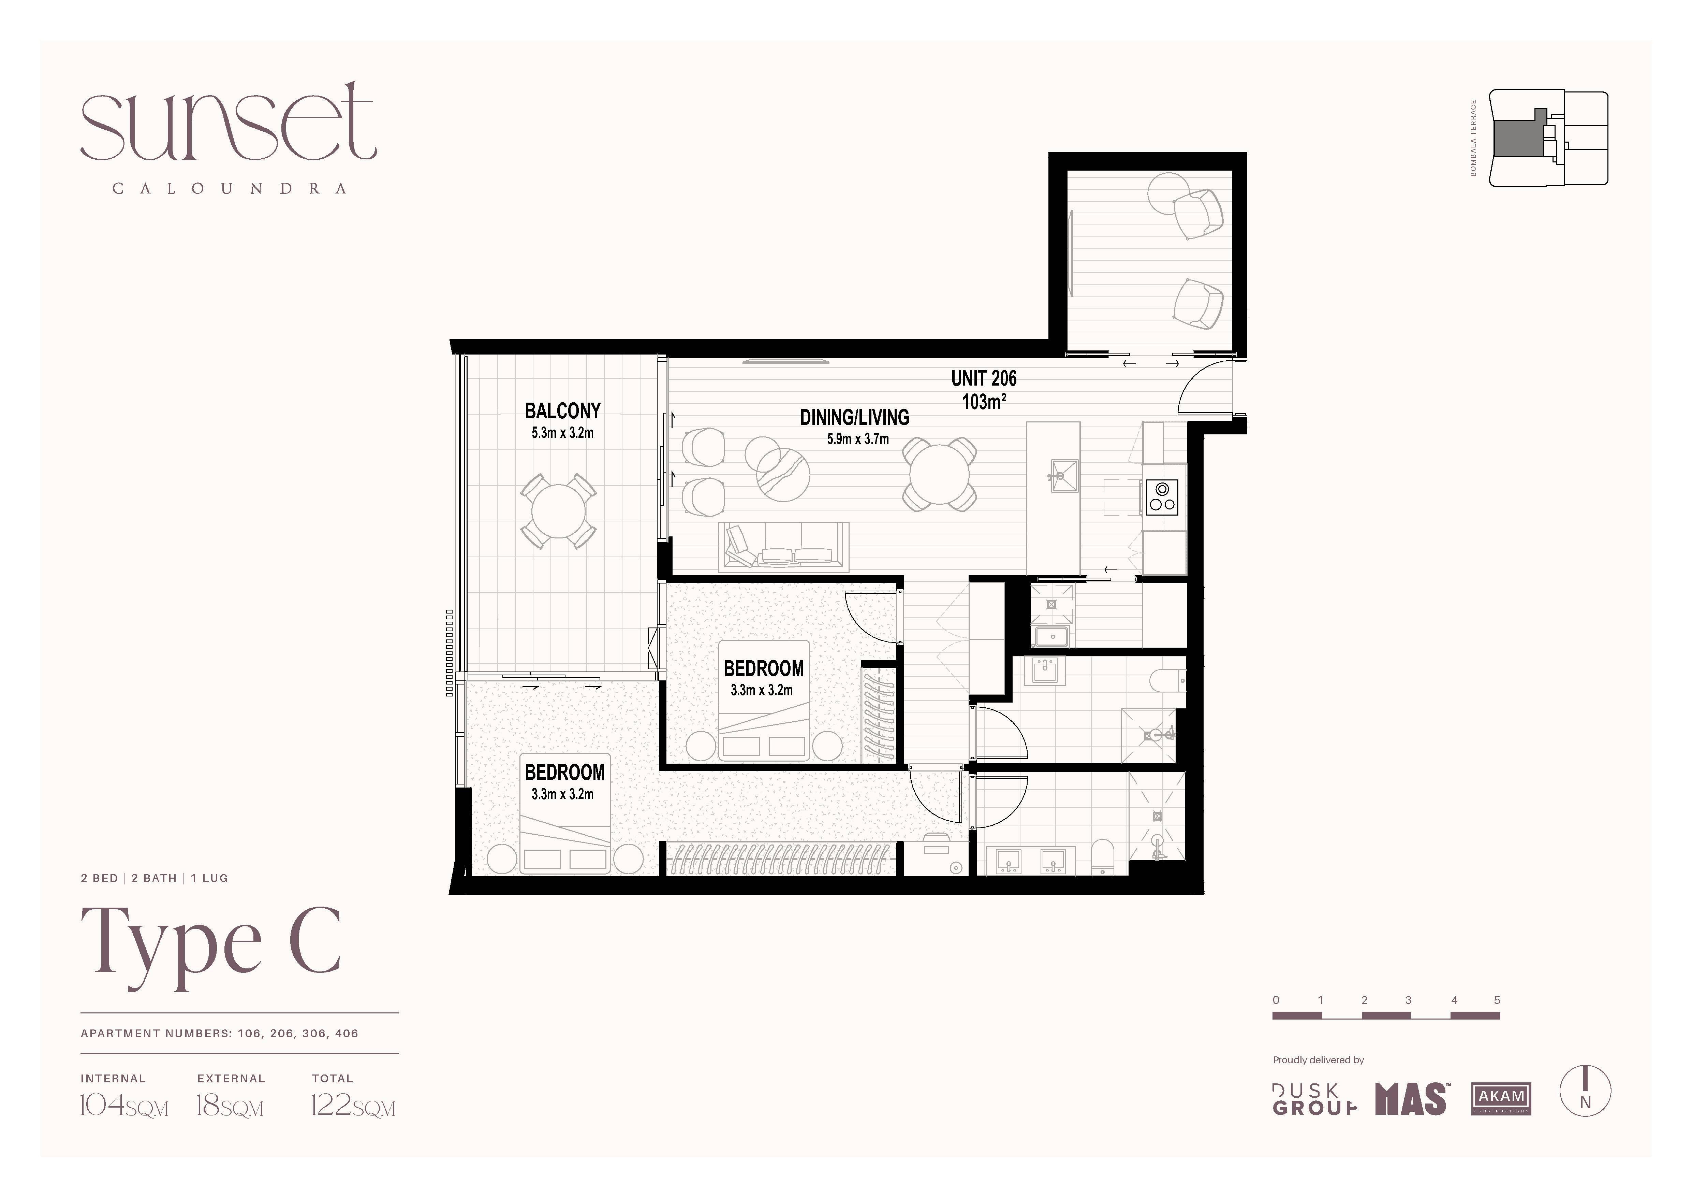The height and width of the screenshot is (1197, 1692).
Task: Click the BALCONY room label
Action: pos(562,410)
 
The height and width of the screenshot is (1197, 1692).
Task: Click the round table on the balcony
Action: pos(559,511)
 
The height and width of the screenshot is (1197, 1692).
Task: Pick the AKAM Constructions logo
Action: pos(1501,1098)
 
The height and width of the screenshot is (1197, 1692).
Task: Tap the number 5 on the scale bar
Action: pos(1497,1000)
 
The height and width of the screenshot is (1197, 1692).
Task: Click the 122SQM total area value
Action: pos(353,1106)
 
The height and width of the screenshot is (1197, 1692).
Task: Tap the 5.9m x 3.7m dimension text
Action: pos(858,439)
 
